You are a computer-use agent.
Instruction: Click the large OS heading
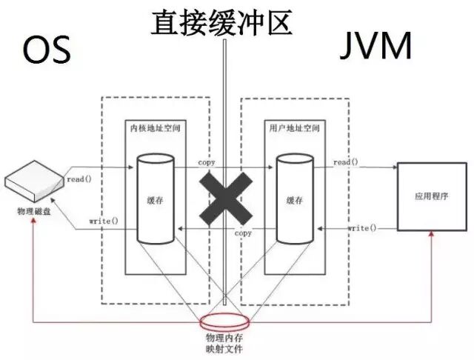point(46,50)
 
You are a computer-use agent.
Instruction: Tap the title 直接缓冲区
point(221,21)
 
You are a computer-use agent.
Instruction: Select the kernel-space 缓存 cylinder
point(155,199)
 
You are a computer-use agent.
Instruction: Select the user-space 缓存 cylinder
point(294,199)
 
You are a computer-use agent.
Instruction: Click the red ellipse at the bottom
point(225,323)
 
